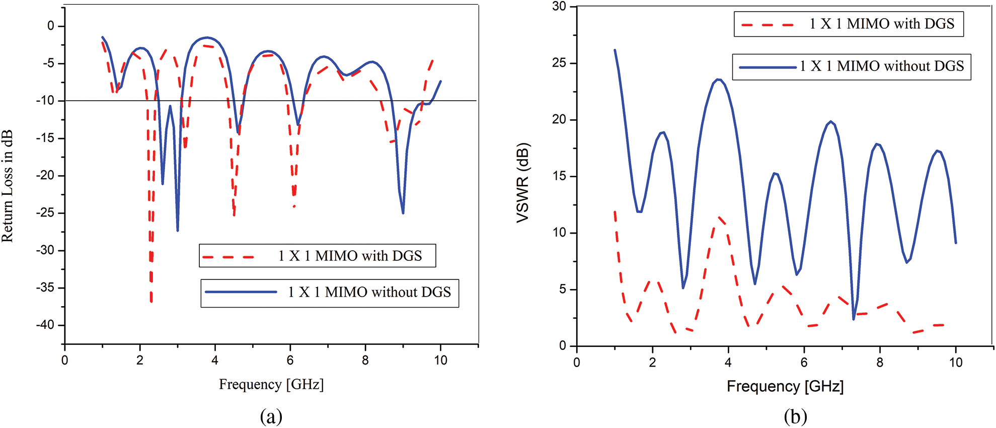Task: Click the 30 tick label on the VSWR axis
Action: (x=559, y=7)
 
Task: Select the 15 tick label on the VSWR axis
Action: (x=559, y=176)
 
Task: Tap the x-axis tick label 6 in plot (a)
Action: (x=290, y=361)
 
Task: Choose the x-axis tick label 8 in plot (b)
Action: (x=880, y=363)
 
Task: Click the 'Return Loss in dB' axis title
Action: (x=8, y=186)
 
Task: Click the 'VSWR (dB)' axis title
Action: (x=523, y=183)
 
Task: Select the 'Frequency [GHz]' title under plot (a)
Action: (x=271, y=385)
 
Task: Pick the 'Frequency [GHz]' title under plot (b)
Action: (x=785, y=387)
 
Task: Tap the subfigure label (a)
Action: (x=271, y=417)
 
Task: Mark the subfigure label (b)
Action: (x=796, y=417)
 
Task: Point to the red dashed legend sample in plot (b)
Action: (x=768, y=24)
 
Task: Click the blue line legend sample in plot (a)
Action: (x=241, y=292)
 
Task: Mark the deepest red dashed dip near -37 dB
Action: (x=151, y=301)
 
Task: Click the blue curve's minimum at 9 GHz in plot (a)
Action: (x=403, y=213)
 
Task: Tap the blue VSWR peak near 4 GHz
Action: (x=719, y=80)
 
